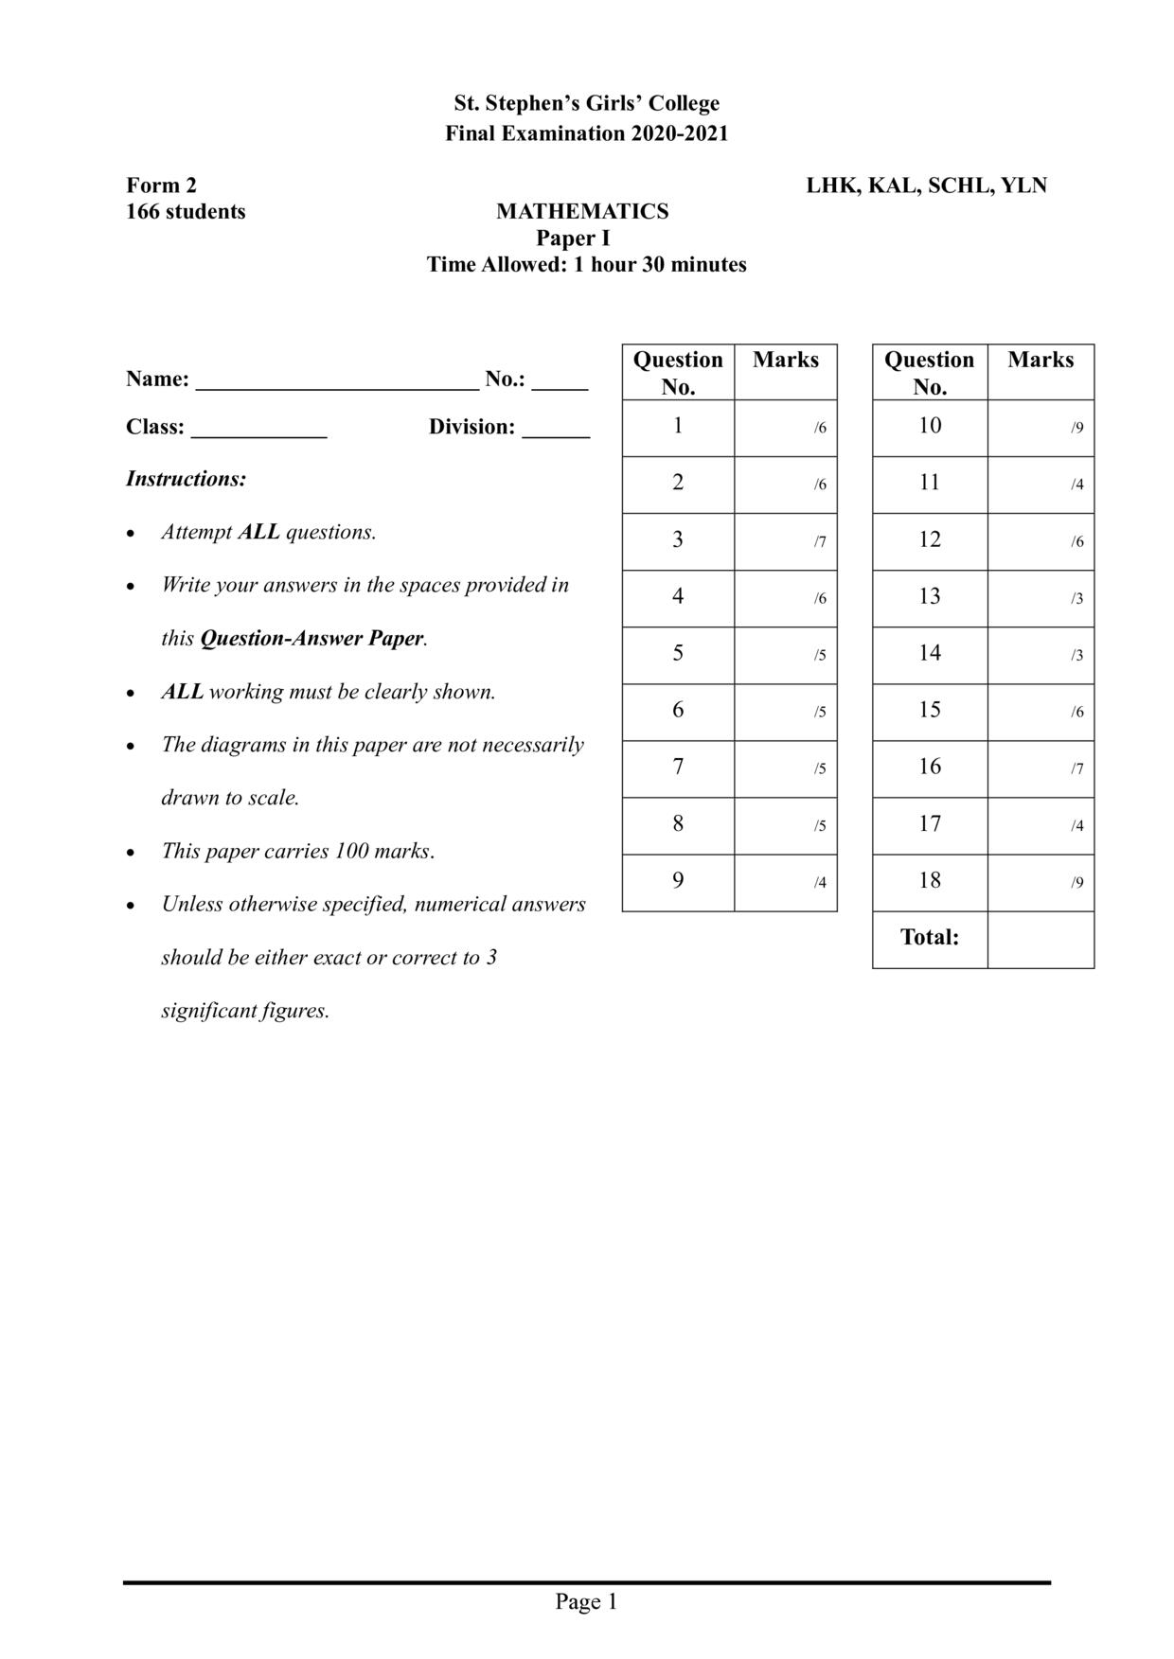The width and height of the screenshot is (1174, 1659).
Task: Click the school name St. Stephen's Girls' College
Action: (586, 103)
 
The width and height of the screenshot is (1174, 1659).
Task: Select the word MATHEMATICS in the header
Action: (582, 211)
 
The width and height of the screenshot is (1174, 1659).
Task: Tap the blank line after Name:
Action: (337, 382)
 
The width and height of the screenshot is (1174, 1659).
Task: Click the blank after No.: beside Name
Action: (560, 382)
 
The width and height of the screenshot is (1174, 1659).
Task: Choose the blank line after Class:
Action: (258, 431)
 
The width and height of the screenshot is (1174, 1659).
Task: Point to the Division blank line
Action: (556, 431)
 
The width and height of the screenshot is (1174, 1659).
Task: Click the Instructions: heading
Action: (186, 479)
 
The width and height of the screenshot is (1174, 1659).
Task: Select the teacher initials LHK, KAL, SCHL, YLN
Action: (926, 185)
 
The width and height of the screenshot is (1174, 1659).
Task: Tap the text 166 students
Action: (186, 211)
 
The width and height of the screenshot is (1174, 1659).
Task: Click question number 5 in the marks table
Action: (678, 654)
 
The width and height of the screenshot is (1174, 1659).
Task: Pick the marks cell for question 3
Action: (785, 541)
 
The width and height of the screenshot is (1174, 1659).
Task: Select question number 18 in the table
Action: (930, 881)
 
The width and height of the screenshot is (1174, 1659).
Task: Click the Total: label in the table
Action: (930, 938)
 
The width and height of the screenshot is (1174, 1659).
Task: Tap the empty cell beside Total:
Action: (1040, 940)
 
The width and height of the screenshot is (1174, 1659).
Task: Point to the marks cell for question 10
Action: (1040, 428)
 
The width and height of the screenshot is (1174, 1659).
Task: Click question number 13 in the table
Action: (930, 597)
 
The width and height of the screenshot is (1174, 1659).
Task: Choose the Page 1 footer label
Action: (586, 1601)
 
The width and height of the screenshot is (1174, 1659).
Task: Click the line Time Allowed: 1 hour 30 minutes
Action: (586, 265)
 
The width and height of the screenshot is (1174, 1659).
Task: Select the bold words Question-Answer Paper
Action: (311, 639)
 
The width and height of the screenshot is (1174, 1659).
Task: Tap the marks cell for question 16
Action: (1040, 768)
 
